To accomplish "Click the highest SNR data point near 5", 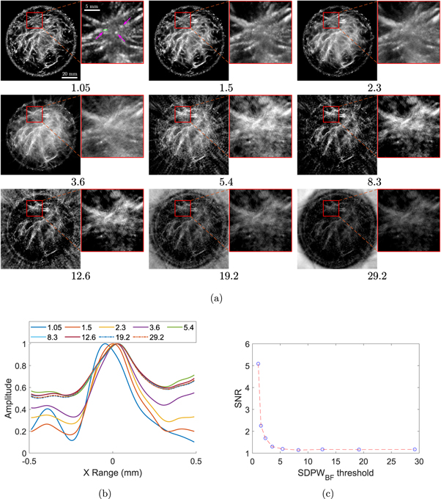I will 258,364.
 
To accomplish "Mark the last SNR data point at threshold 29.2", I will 415,449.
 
